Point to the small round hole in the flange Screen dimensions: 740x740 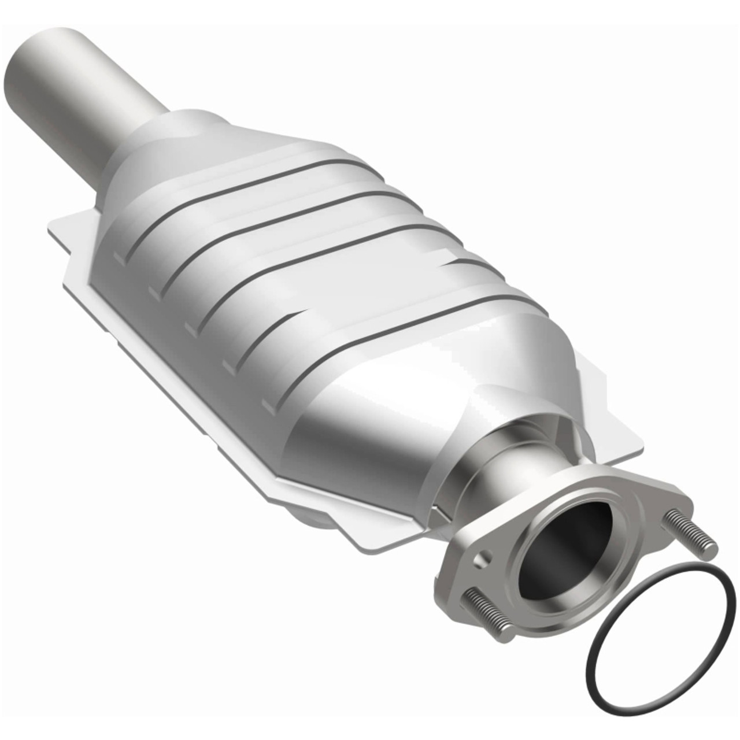pyautogui.click(x=481, y=559)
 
